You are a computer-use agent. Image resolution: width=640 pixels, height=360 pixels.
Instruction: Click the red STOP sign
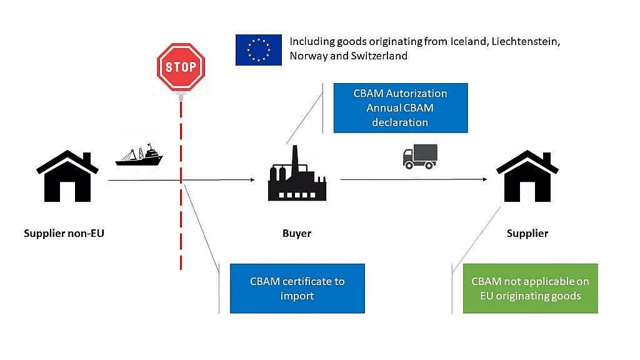click(181, 67)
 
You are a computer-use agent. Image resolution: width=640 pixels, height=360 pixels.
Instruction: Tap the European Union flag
click(258, 49)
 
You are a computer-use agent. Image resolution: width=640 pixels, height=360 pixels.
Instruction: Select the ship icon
click(139, 155)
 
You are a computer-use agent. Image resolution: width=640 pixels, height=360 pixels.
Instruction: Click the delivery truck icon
click(419, 156)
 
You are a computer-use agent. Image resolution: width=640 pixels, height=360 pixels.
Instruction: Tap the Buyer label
click(297, 234)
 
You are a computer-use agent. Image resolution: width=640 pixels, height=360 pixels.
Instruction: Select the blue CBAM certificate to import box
click(297, 288)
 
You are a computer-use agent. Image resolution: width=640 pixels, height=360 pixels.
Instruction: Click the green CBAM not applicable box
click(530, 288)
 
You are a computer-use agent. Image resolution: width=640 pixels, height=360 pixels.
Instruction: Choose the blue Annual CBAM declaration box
click(400, 108)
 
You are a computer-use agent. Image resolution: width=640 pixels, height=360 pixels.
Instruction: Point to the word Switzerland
click(377, 56)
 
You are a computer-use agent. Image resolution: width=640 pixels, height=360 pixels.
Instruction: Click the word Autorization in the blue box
click(417, 94)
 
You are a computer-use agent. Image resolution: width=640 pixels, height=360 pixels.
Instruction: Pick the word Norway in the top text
click(307, 56)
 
